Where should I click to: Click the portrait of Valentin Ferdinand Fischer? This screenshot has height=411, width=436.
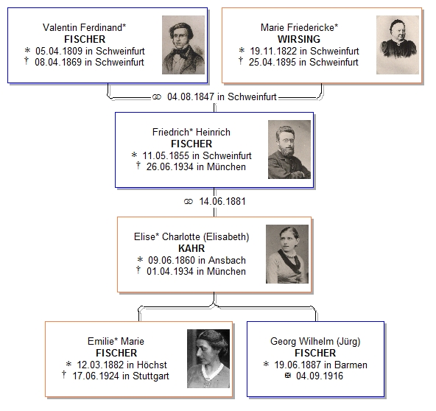tap(183, 45)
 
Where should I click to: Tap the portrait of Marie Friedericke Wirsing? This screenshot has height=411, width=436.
tap(398, 45)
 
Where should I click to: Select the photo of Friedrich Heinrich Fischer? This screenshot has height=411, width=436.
tap(289, 150)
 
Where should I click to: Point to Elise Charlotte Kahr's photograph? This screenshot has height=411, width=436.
tap(287, 254)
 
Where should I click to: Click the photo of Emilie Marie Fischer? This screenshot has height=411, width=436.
tap(208, 359)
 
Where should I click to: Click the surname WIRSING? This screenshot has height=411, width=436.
tap(299, 39)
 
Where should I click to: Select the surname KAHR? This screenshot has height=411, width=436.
tap(191, 248)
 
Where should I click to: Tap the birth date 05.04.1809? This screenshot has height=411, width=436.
tap(59, 51)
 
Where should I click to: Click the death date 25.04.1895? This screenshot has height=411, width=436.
tap(272, 63)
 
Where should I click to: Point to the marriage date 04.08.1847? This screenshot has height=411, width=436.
tap(191, 96)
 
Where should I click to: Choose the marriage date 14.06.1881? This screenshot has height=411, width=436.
tap(222, 201)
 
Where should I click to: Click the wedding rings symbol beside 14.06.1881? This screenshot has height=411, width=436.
tap(189, 202)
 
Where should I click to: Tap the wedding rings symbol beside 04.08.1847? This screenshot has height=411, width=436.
tap(157, 97)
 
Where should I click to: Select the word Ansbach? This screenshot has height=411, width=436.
tap(227, 260)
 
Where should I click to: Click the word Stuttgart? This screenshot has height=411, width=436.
tap(151, 376)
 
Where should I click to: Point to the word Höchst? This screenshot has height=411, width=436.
tap(152, 365)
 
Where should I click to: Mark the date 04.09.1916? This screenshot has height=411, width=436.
tap(320, 376)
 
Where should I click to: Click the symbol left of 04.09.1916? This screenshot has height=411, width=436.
tap(288, 376)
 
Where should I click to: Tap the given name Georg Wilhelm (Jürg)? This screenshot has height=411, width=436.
tap(315, 342)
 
